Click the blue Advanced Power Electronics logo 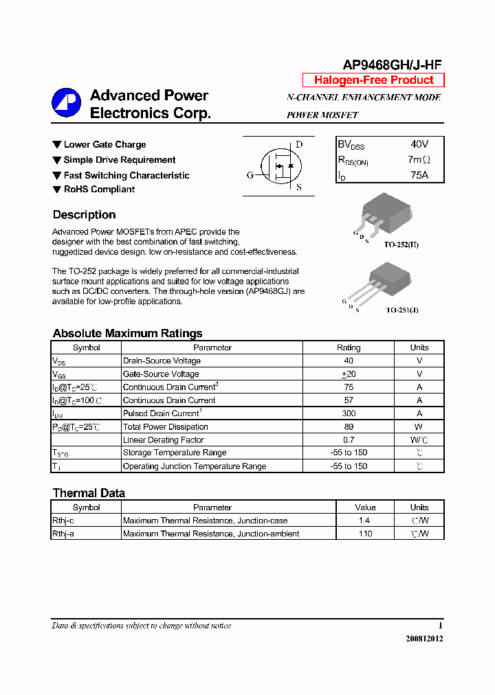[x=66, y=103]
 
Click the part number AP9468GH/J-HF [x=392, y=65]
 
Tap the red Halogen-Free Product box [x=373, y=80]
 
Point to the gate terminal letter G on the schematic [x=250, y=175]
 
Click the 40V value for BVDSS [x=419, y=145]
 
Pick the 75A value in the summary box [x=419, y=175]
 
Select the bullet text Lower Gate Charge [x=104, y=145]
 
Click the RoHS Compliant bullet [x=99, y=190]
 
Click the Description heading [x=84, y=215]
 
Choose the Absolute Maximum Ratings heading [x=127, y=334]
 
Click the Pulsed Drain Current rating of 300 [x=349, y=413]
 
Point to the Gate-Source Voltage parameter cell [x=161, y=374]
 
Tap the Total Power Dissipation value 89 [x=349, y=426]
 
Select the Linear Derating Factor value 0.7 [x=349, y=440]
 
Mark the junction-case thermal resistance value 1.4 [x=365, y=521]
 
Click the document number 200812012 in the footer [x=424, y=639]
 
